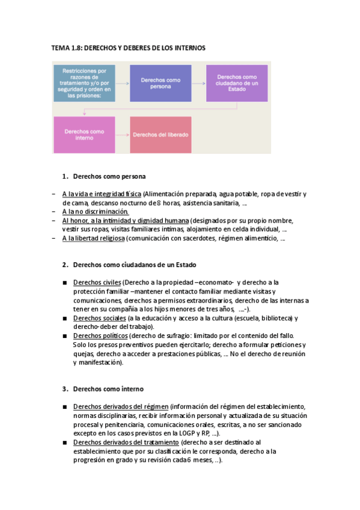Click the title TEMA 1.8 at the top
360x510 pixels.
tap(128, 48)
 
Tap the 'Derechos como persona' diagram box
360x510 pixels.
tap(160, 82)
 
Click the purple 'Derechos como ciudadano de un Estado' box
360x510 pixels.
tap(237, 82)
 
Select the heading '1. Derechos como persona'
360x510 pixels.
tap(108, 177)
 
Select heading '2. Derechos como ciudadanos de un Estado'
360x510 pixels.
tap(133, 265)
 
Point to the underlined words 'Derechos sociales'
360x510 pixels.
tap(99, 318)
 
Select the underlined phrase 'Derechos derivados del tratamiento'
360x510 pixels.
tap(126, 443)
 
